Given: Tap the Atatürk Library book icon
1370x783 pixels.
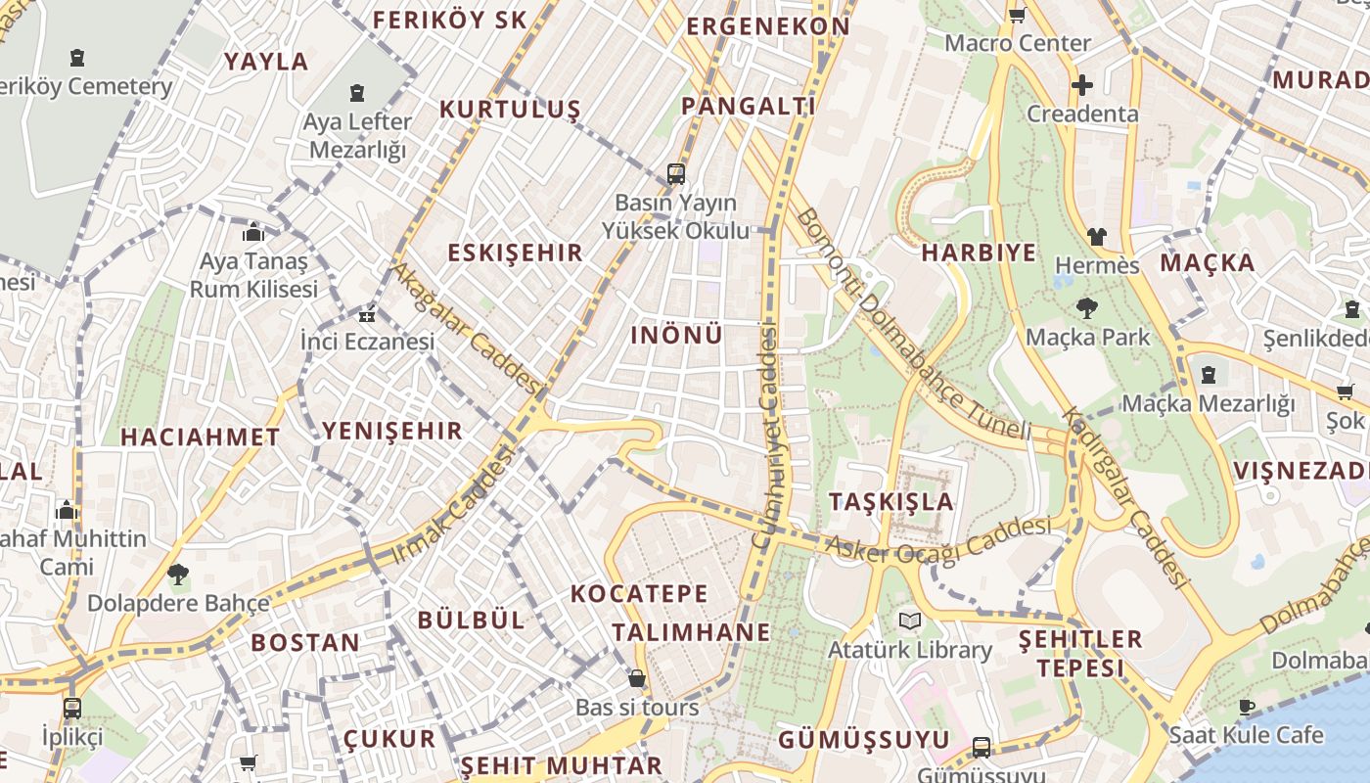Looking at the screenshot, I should point(910,622).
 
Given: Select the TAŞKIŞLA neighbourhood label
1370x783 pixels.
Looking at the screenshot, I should point(890,502).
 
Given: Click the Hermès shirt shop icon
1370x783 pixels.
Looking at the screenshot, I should point(1097,237).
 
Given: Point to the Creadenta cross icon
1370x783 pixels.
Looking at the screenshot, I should point(1082,85).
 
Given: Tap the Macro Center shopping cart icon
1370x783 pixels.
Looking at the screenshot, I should point(1017,15).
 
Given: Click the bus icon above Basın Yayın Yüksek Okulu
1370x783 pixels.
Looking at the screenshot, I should point(675,174).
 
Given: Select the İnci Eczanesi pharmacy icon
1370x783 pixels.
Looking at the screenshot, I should point(367,315).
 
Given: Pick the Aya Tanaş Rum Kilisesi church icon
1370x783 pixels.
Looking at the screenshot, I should point(253,233).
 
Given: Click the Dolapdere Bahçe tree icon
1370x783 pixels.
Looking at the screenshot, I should point(177,575).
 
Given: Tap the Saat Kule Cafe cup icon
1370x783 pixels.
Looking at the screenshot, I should point(1247,707).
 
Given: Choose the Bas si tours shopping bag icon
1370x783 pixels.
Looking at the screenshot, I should point(637,678).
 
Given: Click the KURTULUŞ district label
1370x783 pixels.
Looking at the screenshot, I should point(510,109).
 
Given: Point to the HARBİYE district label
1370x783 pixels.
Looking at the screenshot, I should point(979,253).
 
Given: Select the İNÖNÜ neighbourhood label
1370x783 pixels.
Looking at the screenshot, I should point(676,335).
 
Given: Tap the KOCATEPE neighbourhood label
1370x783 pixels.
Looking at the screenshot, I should point(639,593).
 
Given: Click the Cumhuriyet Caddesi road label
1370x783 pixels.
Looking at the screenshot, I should point(766,436).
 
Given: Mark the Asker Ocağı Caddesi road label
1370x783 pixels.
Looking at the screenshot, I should point(938,539).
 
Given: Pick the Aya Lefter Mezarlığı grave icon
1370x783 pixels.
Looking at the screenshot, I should point(357,94).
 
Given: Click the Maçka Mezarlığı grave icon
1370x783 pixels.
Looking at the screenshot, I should point(1209,375).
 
